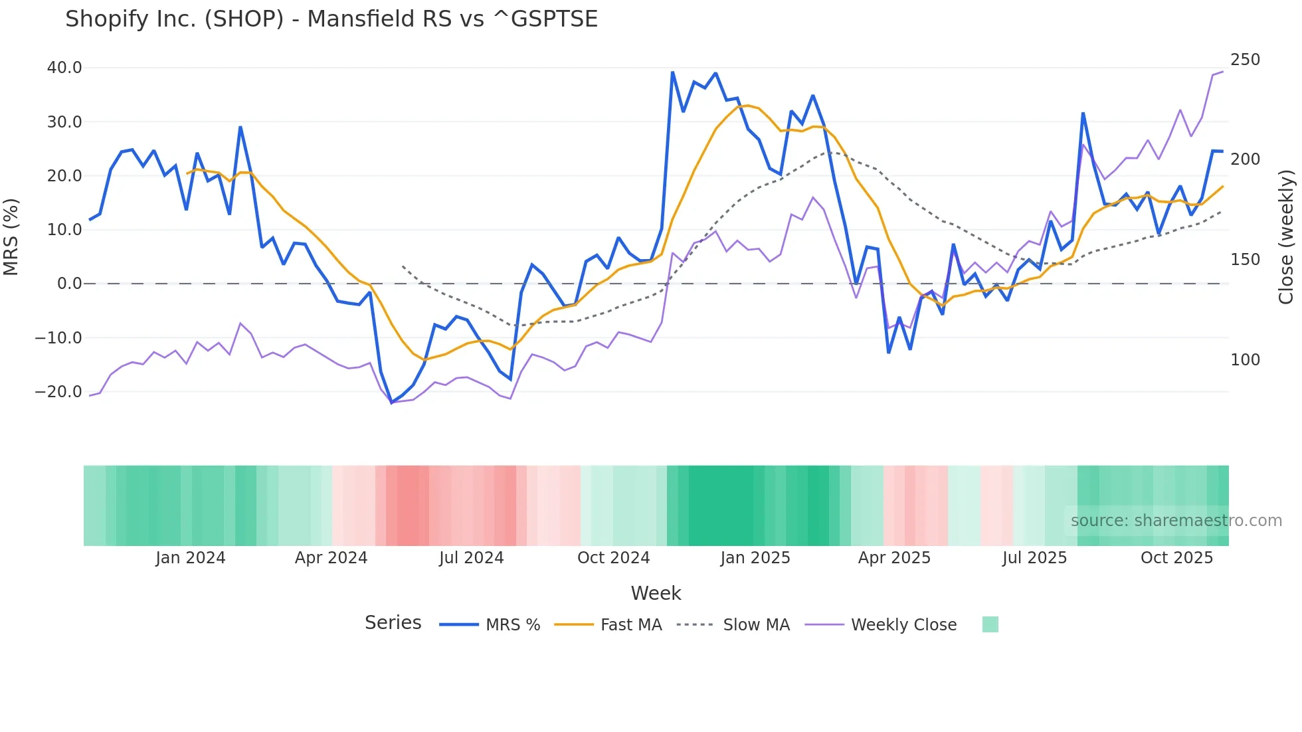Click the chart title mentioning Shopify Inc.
[x=331, y=19]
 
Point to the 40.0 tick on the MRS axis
[x=64, y=68]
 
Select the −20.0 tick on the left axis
[x=58, y=392]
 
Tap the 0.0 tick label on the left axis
[x=69, y=284]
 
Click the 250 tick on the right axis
[x=1245, y=60]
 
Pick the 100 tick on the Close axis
[x=1245, y=360]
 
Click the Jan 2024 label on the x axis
[x=191, y=558]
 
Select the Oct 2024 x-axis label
[x=613, y=558]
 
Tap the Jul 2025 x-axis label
[x=1034, y=558]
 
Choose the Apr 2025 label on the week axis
[x=894, y=558]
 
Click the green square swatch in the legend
[x=990, y=624]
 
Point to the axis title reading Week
[x=656, y=593]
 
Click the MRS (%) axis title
[x=11, y=236]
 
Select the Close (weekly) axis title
[x=1287, y=236]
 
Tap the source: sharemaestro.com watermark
[x=1176, y=521]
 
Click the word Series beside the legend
[x=393, y=623]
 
